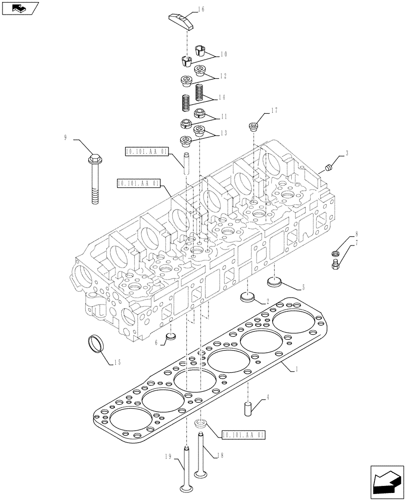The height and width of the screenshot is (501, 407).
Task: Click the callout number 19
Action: click(166, 456)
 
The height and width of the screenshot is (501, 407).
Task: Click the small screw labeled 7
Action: click(335, 263)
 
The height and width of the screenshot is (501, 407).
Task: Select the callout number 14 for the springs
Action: click(223, 97)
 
